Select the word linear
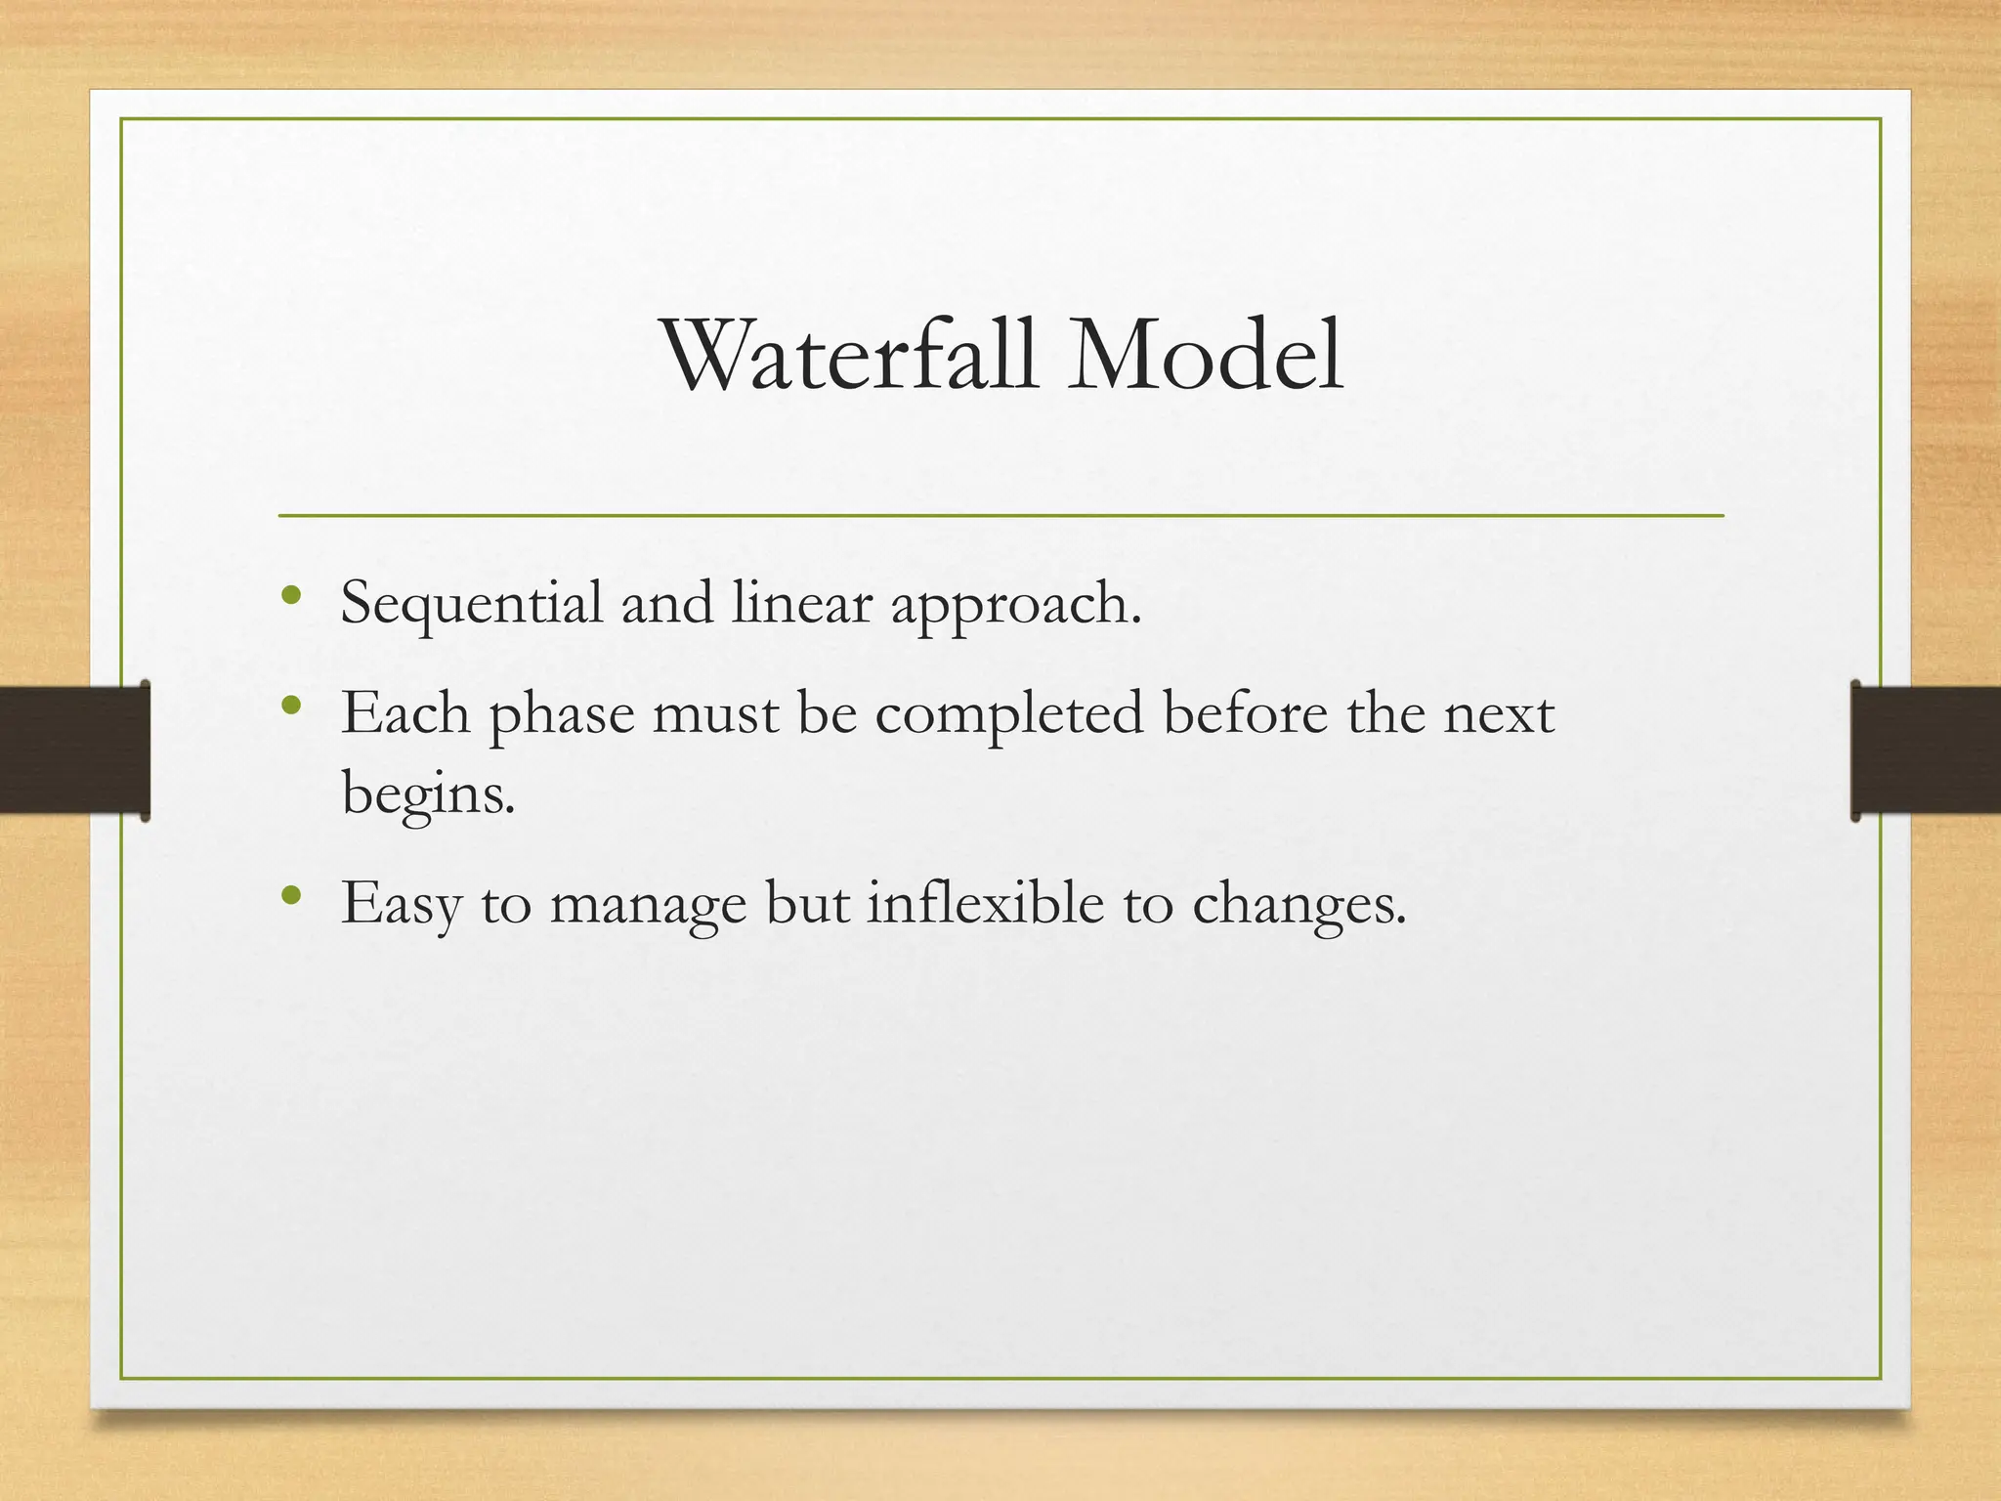[x=801, y=604]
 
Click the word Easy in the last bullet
[x=401, y=905]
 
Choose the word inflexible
[x=985, y=903]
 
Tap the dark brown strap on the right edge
[x=1925, y=750]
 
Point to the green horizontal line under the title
[x=1000, y=515]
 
